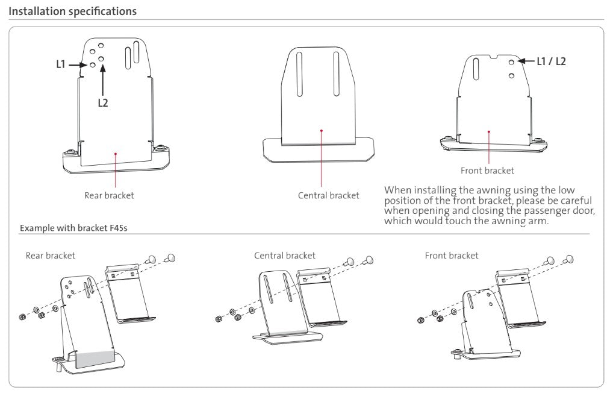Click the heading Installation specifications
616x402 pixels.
pos(72,11)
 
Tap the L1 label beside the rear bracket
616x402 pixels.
pos(61,64)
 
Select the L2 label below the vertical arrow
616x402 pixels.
pos(103,103)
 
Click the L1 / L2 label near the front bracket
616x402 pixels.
pos(552,61)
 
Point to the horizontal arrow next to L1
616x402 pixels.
pos(78,64)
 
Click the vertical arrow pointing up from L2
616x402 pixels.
pos(103,81)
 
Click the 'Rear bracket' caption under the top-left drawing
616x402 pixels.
pos(109,195)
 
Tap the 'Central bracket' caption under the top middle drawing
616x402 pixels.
pos(328,195)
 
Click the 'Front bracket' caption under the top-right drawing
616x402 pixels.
pos(487,171)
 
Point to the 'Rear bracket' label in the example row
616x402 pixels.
pos(50,256)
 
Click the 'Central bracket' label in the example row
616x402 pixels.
pos(284,256)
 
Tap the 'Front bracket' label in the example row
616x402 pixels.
pos(452,256)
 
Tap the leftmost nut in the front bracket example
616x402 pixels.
pos(420,321)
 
